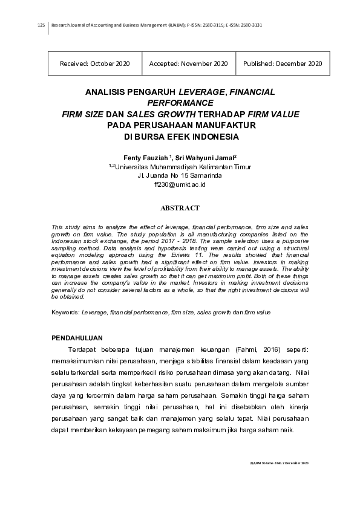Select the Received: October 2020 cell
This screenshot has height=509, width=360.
[95, 63]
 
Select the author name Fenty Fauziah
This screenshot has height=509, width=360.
[145, 157]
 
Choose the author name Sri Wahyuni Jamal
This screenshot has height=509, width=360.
[201, 157]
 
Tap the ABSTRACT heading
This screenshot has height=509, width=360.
[180, 208]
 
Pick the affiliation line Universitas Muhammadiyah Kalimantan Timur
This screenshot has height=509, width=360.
[183, 166]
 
